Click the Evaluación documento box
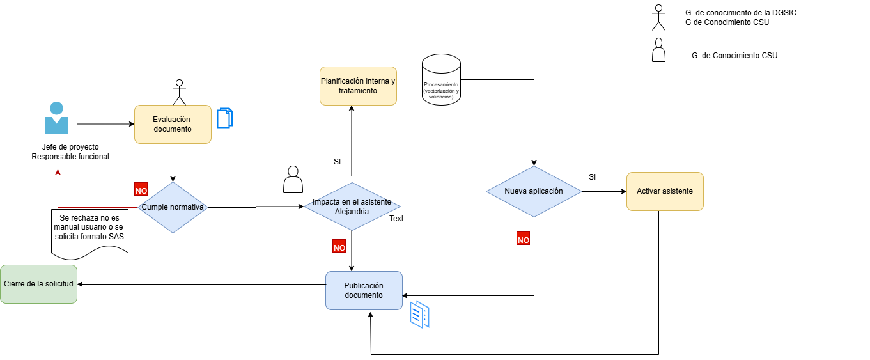tap(173, 124)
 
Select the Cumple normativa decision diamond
tap(173, 207)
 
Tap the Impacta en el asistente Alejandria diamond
tap(352, 207)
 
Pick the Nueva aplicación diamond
tap(534, 191)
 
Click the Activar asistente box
tap(665, 191)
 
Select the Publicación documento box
tap(364, 290)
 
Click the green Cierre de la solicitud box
tap(39, 285)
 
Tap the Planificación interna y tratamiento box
tap(358, 86)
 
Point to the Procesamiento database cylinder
tap(441, 80)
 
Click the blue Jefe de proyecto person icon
tap(57, 118)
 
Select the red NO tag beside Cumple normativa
tap(141, 189)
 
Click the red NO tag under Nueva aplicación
tap(523, 239)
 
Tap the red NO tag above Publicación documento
tap(339, 246)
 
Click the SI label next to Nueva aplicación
tap(593, 177)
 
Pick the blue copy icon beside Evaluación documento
tap(225, 118)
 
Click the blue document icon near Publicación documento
tap(420, 315)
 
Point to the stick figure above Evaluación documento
tap(180, 93)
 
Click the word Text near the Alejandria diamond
tap(396, 219)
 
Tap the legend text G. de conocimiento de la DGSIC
tap(741, 13)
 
